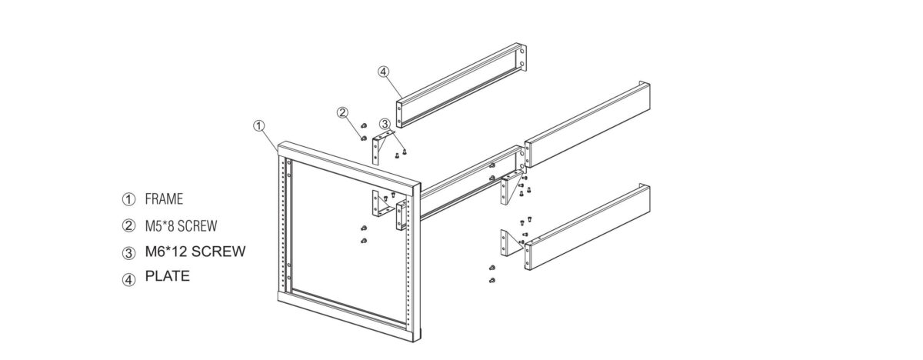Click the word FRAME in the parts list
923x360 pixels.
(164, 199)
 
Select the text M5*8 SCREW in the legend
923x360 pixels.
(181, 226)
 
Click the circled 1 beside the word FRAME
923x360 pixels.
(128, 200)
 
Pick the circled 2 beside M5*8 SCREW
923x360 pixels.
(128, 227)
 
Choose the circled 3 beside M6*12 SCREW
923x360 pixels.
(128, 252)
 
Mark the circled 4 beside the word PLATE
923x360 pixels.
(128, 278)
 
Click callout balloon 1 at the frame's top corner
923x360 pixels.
(259, 124)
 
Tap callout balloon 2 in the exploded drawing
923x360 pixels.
(343, 112)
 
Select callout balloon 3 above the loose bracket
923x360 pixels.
(385, 124)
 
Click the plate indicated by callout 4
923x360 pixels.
(461, 85)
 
